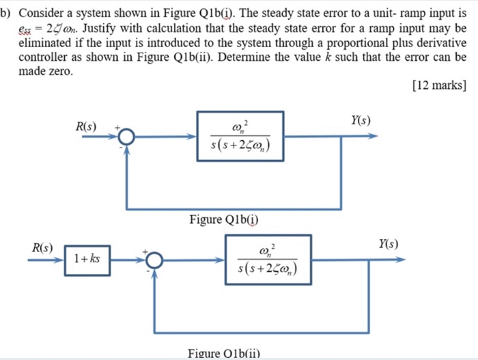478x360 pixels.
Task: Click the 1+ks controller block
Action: point(87,260)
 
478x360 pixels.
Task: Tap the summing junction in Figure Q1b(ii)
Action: point(154,260)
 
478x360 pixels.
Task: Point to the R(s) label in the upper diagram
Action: point(87,126)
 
